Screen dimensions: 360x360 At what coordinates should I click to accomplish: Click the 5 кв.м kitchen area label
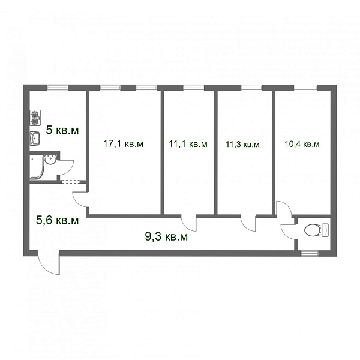coord(62,130)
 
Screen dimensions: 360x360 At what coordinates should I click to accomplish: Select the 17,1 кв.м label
coord(123,144)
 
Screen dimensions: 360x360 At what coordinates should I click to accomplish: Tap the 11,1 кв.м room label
coord(188,144)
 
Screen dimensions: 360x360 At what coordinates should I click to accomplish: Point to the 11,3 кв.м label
coord(242,145)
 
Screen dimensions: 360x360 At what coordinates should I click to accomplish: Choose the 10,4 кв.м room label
coord(302,144)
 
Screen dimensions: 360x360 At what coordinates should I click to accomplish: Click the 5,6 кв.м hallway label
coord(57,220)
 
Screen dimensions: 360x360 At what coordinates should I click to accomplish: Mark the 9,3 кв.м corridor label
coord(166,236)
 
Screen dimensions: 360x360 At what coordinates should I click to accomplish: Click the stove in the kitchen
coord(35,118)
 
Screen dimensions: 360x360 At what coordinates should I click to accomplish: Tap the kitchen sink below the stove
coord(35,138)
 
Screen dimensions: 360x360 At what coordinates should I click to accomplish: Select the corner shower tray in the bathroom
coord(37,167)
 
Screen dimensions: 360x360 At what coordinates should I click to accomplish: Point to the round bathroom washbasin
coord(50,160)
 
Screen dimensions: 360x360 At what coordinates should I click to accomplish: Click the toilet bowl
coord(316,230)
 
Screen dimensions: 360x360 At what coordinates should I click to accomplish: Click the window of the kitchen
coord(58,88)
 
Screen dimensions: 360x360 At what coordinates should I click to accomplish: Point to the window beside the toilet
coord(310,253)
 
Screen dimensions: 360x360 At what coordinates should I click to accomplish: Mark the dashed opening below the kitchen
coord(71,182)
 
